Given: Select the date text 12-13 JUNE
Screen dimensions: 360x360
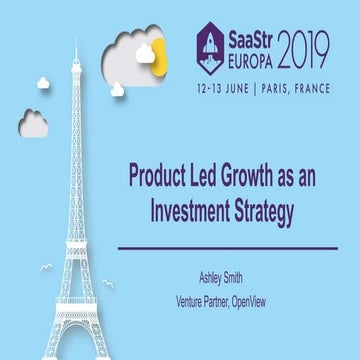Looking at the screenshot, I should [x=226, y=85].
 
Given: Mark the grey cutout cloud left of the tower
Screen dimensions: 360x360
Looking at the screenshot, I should [x=32, y=123].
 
